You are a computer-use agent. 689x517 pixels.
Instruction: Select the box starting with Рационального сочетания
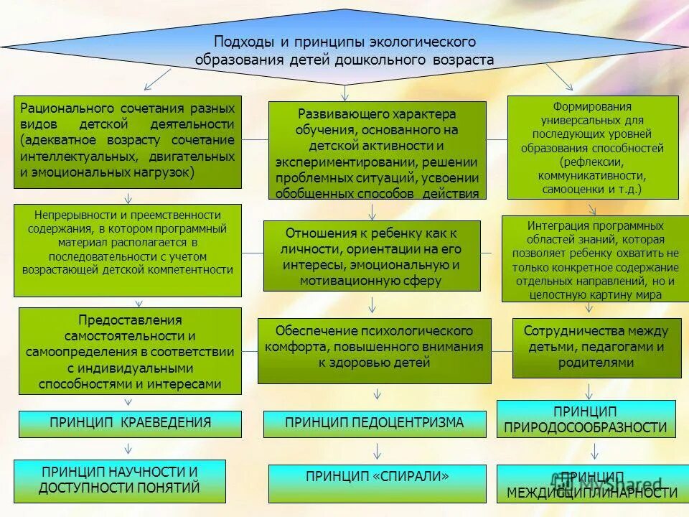[128, 141]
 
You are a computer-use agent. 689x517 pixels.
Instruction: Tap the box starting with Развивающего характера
[377, 150]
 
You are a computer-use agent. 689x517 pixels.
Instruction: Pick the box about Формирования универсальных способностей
[593, 147]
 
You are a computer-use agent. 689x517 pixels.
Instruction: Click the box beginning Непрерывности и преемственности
[128, 250]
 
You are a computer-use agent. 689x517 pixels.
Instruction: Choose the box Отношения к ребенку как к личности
[372, 256]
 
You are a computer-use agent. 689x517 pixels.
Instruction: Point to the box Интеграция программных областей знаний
[595, 258]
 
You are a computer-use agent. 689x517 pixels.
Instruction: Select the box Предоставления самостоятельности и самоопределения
[131, 351]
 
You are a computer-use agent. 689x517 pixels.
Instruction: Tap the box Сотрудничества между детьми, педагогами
[596, 348]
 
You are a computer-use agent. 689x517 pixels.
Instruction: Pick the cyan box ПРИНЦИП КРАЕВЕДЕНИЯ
[131, 423]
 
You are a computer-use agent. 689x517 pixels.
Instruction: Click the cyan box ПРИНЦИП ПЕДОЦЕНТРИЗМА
[375, 423]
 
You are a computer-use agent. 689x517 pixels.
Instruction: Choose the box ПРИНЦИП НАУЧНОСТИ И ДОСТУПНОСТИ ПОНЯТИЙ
[120, 480]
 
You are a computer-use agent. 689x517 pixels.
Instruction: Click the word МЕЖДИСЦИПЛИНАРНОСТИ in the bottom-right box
[592, 493]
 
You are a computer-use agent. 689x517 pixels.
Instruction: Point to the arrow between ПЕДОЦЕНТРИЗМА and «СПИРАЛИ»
[377, 451]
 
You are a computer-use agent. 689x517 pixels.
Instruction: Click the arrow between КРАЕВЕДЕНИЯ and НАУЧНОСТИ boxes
[128, 449]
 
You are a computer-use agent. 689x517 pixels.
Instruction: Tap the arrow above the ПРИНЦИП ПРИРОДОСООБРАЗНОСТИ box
[589, 391]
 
